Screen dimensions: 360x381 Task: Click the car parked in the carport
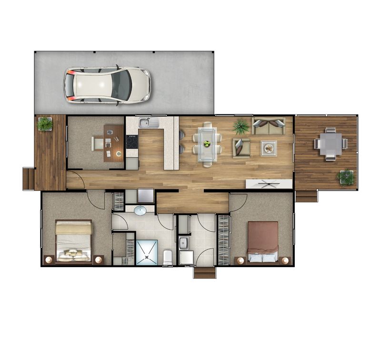[107, 85]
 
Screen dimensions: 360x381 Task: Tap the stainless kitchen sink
[149, 123]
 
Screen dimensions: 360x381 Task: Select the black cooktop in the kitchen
[132, 142]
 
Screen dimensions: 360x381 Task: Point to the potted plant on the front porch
[45, 124]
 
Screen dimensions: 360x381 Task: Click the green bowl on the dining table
[207, 143]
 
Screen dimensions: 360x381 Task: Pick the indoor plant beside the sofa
[241, 127]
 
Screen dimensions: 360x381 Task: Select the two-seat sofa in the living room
[269, 126]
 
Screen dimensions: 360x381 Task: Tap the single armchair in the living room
[241, 147]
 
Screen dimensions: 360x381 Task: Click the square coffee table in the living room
[269, 148]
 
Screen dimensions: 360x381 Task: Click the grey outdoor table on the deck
[331, 143]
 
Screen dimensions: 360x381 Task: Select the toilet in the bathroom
[168, 257]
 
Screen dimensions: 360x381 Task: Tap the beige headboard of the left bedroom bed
[73, 228]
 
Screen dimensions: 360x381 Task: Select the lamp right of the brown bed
[285, 260]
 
